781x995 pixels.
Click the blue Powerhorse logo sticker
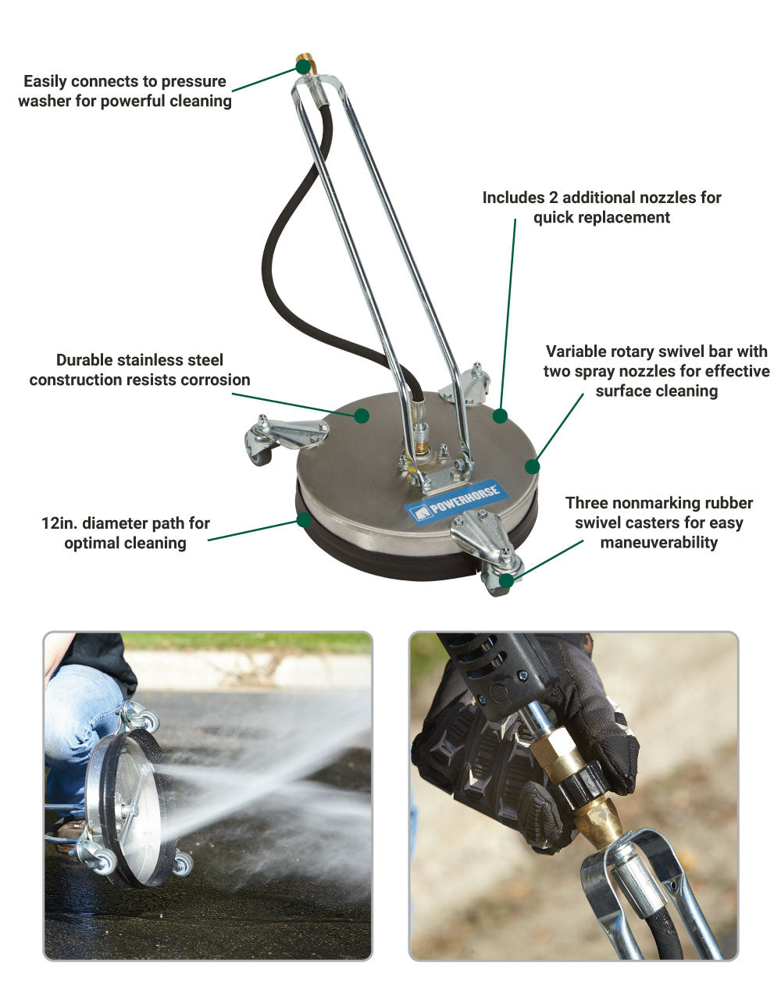[x=451, y=501]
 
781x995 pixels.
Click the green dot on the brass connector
[x=302, y=67]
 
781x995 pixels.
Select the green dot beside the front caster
[x=506, y=580]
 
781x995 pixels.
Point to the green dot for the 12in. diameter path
[x=304, y=519]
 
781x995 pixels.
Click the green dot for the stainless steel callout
[x=362, y=415]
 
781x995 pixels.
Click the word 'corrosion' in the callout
[x=215, y=380]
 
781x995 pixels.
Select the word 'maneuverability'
[x=658, y=543]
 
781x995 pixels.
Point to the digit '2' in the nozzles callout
[x=553, y=198]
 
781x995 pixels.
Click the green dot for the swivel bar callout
[x=532, y=466]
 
